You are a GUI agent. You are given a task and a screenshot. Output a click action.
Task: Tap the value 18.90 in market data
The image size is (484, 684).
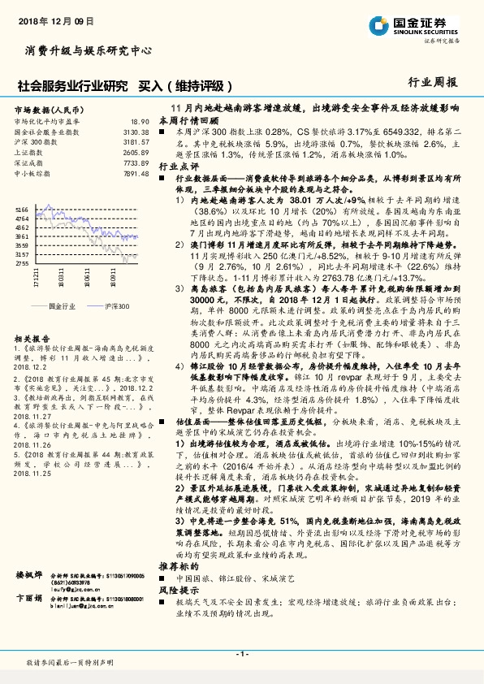(x=140, y=121)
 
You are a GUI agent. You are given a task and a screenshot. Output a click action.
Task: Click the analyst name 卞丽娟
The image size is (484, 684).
(x=29, y=574)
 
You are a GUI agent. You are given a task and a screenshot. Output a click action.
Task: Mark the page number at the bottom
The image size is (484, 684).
(x=241, y=654)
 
